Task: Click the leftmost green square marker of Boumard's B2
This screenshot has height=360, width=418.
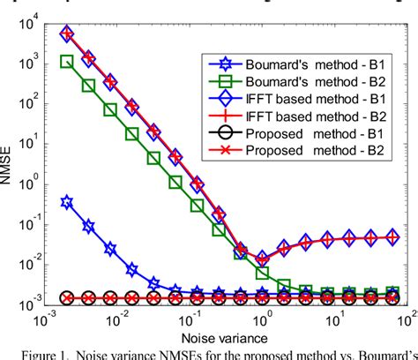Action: (67, 62)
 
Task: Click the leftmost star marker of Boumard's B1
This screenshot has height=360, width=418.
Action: (67, 202)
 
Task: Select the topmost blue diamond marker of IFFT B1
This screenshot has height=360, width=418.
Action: (67, 34)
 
